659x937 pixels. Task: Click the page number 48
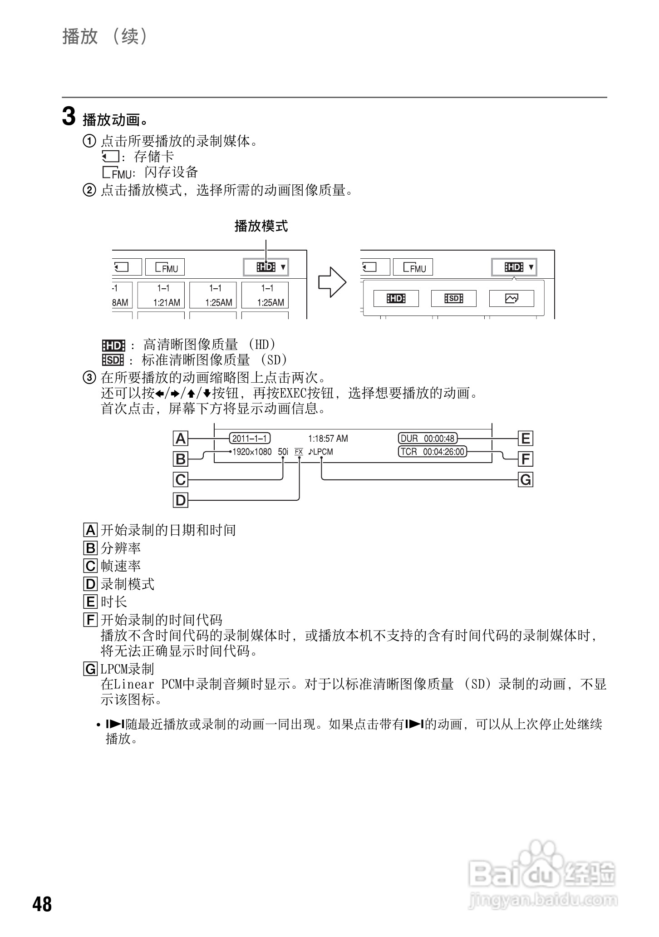click(x=42, y=904)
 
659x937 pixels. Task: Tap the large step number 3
click(x=69, y=117)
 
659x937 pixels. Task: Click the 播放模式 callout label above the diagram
click(x=261, y=226)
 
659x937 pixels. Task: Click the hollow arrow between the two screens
click(x=332, y=282)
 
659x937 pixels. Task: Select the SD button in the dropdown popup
click(x=453, y=298)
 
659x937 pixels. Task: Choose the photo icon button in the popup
click(x=511, y=298)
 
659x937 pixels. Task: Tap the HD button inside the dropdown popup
click(x=396, y=298)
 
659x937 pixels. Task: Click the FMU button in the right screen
click(x=413, y=267)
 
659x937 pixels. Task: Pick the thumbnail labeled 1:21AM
click(x=161, y=295)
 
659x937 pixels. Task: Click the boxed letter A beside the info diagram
click(x=181, y=439)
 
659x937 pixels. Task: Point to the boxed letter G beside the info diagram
click(x=526, y=479)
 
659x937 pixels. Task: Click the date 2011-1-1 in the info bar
click(x=250, y=439)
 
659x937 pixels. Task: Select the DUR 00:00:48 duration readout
click(x=428, y=439)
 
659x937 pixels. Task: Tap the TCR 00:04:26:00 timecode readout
click(x=433, y=452)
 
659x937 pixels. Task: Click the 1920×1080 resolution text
click(x=252, y=452)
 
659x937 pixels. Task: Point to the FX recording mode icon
click(x=299, y=452)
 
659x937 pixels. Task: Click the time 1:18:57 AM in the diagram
click(x=328, y=439)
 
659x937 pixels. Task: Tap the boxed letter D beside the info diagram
click(x=181, y=500)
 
